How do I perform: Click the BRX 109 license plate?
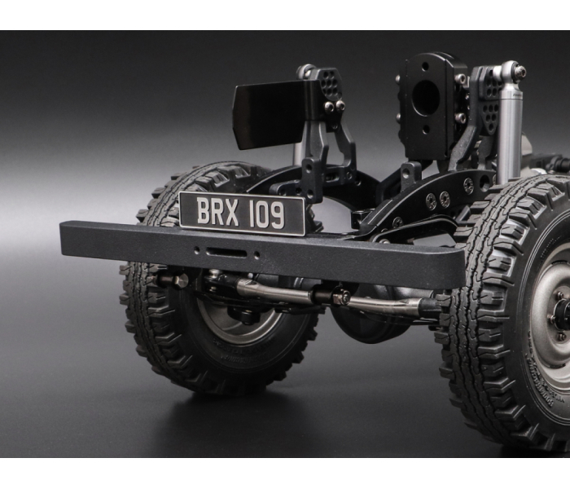242,214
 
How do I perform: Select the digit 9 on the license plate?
278,215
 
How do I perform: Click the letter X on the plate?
230,213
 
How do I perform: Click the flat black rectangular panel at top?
273,115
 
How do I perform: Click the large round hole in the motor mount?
426,99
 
